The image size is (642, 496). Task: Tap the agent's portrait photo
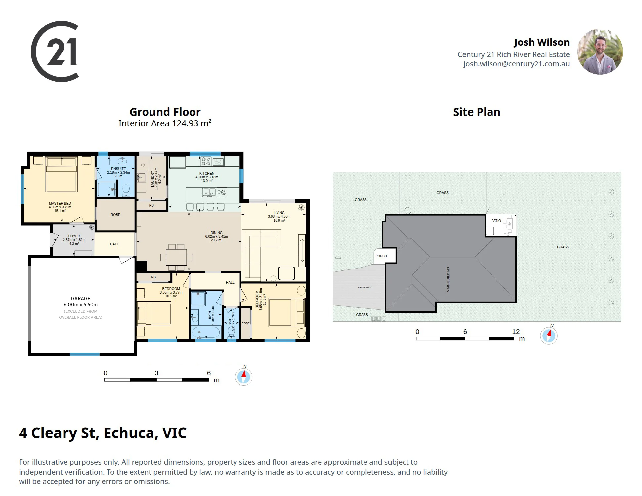(600, 52)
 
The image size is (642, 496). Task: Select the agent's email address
(516, 64)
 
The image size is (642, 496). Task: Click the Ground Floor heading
(165, 112)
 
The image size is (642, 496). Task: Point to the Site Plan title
(477, 112)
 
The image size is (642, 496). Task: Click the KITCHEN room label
(207, 173)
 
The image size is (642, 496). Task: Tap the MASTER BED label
(60, 203)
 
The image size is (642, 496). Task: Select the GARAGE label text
(81, 298)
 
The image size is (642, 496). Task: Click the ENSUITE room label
(118, 169)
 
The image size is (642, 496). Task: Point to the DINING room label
(216, 233)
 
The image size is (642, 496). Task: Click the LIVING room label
(279, 213)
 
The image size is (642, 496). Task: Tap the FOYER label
(74, 236)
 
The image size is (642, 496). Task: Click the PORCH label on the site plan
(381, 256)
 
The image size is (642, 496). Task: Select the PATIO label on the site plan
(496, 221)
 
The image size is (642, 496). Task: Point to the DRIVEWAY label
(364, 287)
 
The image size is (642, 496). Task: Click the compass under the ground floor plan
(244, 376)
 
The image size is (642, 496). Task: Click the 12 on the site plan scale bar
(516, 332)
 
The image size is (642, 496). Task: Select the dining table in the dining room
(177, 257)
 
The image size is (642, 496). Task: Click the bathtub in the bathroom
(206, 332)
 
